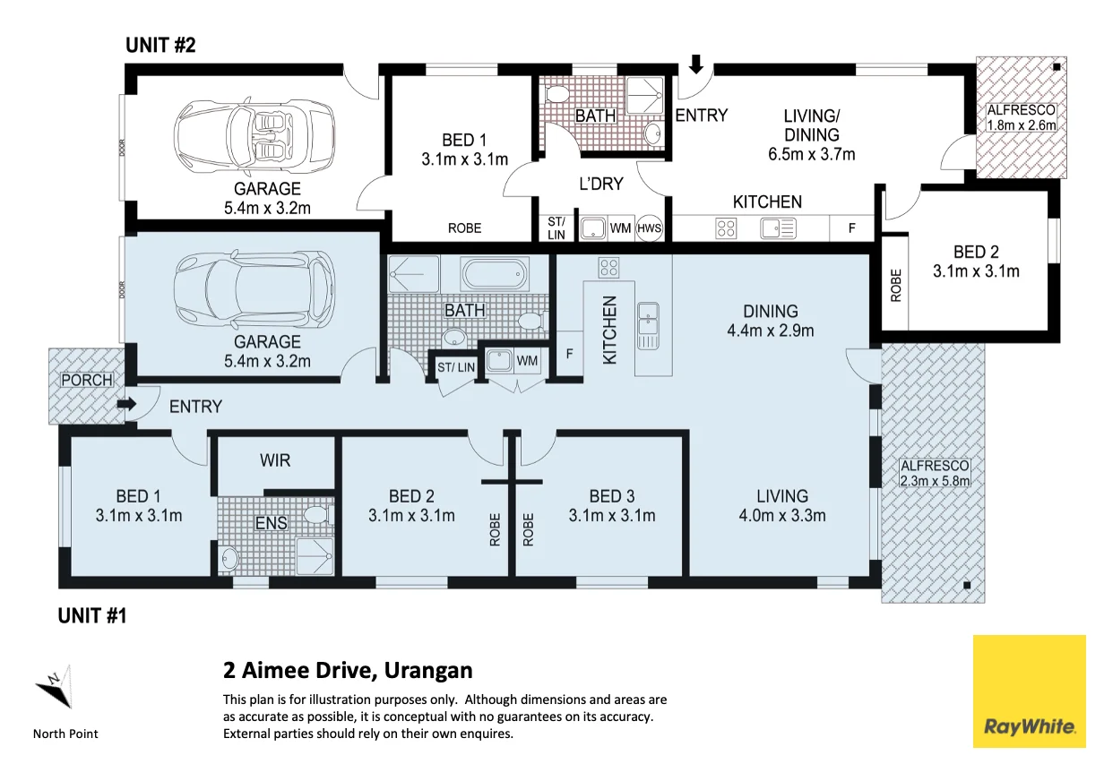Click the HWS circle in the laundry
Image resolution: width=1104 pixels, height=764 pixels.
(x=649, y=228)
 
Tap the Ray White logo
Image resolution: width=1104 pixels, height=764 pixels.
(x=1030, y=691)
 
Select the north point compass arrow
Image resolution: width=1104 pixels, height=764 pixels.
(x=56, y=686)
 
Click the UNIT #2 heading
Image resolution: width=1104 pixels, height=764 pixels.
(x=160, y=45)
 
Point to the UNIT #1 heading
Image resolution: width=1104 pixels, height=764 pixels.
(x=92, y=615)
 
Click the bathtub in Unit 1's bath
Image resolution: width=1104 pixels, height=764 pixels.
(x=495, y=273)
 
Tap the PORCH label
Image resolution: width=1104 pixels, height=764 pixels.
(x=87, y=380)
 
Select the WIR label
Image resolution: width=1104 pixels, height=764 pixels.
(x=275, y=460)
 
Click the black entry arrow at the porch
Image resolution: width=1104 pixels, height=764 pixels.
(x=126, y=405)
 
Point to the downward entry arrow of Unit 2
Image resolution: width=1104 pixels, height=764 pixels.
(x=696, y=64)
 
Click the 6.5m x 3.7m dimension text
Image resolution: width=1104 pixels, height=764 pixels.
(x=812, y=154)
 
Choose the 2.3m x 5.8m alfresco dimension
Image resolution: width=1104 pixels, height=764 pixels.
(x=935, y=481)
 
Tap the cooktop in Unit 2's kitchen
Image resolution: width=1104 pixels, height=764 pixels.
(x=726, y=228)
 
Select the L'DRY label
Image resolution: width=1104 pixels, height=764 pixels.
(x=600, y=184)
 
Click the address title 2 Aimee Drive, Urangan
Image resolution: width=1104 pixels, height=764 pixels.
(x=348, y=671)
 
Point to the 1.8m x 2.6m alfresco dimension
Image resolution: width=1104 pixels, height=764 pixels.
(x=1022, y=125)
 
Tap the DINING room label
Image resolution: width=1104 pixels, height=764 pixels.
(x=771, y=312)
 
